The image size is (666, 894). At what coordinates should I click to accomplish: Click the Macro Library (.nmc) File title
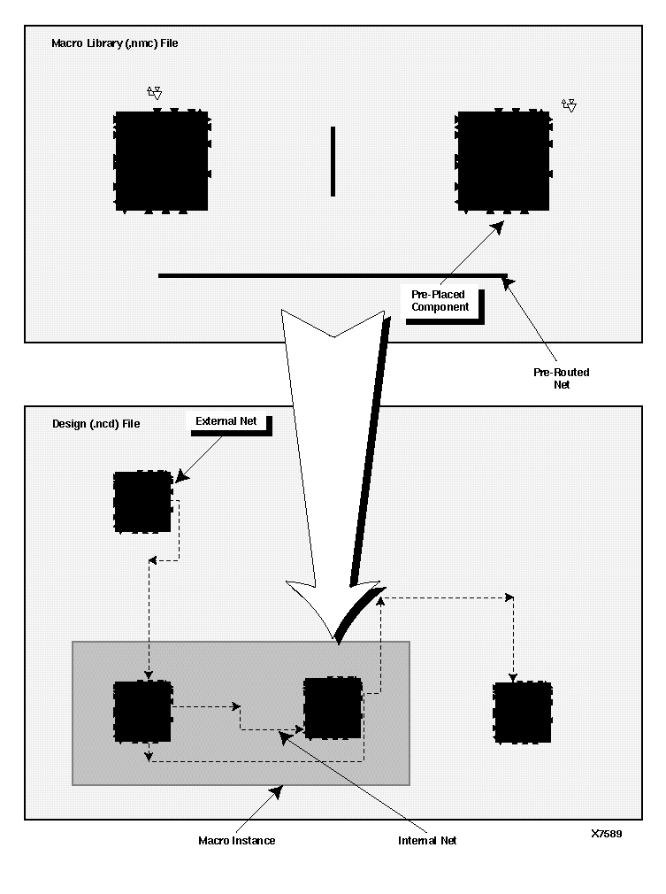pos(114,42)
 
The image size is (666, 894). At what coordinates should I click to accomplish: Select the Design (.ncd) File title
pos(96,424)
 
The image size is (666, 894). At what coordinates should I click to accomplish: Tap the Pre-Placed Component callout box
pos(440,300)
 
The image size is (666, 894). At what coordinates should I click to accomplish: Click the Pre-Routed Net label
pos(561,378)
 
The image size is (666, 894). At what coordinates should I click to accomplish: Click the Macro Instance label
pos(236,840)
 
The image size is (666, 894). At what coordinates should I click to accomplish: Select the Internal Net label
pos(427,840)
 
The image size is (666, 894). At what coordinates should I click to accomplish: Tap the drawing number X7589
pos(607,833)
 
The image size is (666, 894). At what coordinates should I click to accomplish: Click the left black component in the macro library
pos(161,160)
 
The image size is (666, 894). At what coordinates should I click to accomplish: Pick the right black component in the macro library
pos(503,160)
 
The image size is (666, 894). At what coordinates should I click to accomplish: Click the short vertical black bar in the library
pos(333,161)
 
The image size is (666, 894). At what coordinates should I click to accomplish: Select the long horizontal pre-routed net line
pos(332,275)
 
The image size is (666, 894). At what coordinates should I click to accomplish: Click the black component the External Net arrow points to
pos(142,501)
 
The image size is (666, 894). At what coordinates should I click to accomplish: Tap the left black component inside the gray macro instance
pos(142,711)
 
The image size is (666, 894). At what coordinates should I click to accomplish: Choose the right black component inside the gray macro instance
pos(333,708)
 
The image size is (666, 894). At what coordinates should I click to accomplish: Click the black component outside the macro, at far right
pos(522,713)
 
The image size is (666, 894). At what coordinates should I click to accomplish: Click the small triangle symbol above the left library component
pos(155,92)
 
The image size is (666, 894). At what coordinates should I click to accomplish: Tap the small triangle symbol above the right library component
pos(570,105)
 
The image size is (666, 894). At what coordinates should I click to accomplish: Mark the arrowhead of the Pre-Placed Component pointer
pos(498,228)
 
